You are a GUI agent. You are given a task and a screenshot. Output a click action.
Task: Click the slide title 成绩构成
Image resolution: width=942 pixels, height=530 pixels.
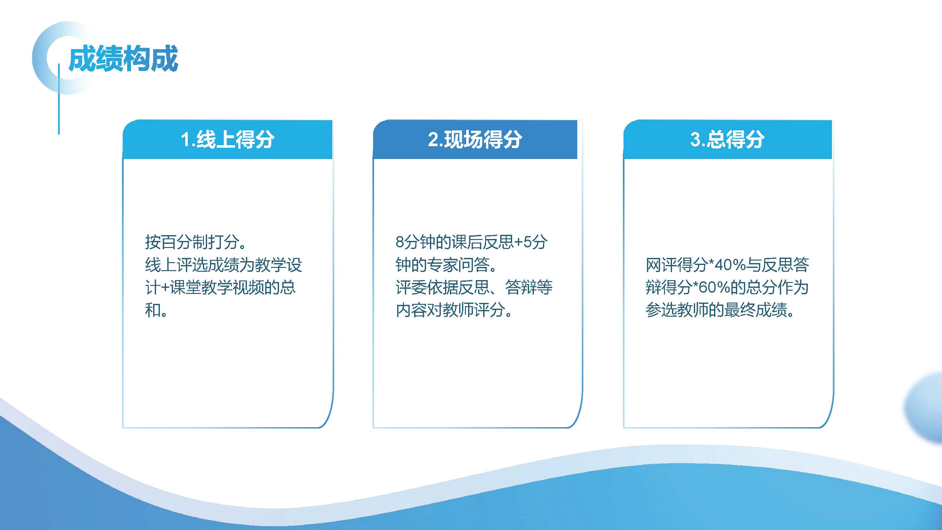(123, 58)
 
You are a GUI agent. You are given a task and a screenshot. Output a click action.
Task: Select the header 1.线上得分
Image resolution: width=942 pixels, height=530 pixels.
(227, 139)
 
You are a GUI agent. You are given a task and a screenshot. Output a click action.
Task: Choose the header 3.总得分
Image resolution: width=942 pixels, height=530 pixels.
(727, 139)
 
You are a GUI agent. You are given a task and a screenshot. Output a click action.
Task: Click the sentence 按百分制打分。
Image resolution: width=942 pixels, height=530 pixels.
(196, 242)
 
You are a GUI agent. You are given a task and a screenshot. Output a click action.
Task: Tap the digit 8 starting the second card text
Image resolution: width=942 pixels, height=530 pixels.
(400, 242)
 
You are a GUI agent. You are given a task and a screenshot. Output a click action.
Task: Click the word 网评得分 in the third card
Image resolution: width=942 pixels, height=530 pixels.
(677, 265)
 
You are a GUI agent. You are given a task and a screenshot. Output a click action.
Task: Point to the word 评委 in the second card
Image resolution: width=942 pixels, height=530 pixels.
(411, 287)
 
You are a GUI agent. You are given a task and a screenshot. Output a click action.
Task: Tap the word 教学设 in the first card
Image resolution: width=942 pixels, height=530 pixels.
(279, 265)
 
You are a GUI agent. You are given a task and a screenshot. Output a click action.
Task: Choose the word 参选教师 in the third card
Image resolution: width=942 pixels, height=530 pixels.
(677, 310)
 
